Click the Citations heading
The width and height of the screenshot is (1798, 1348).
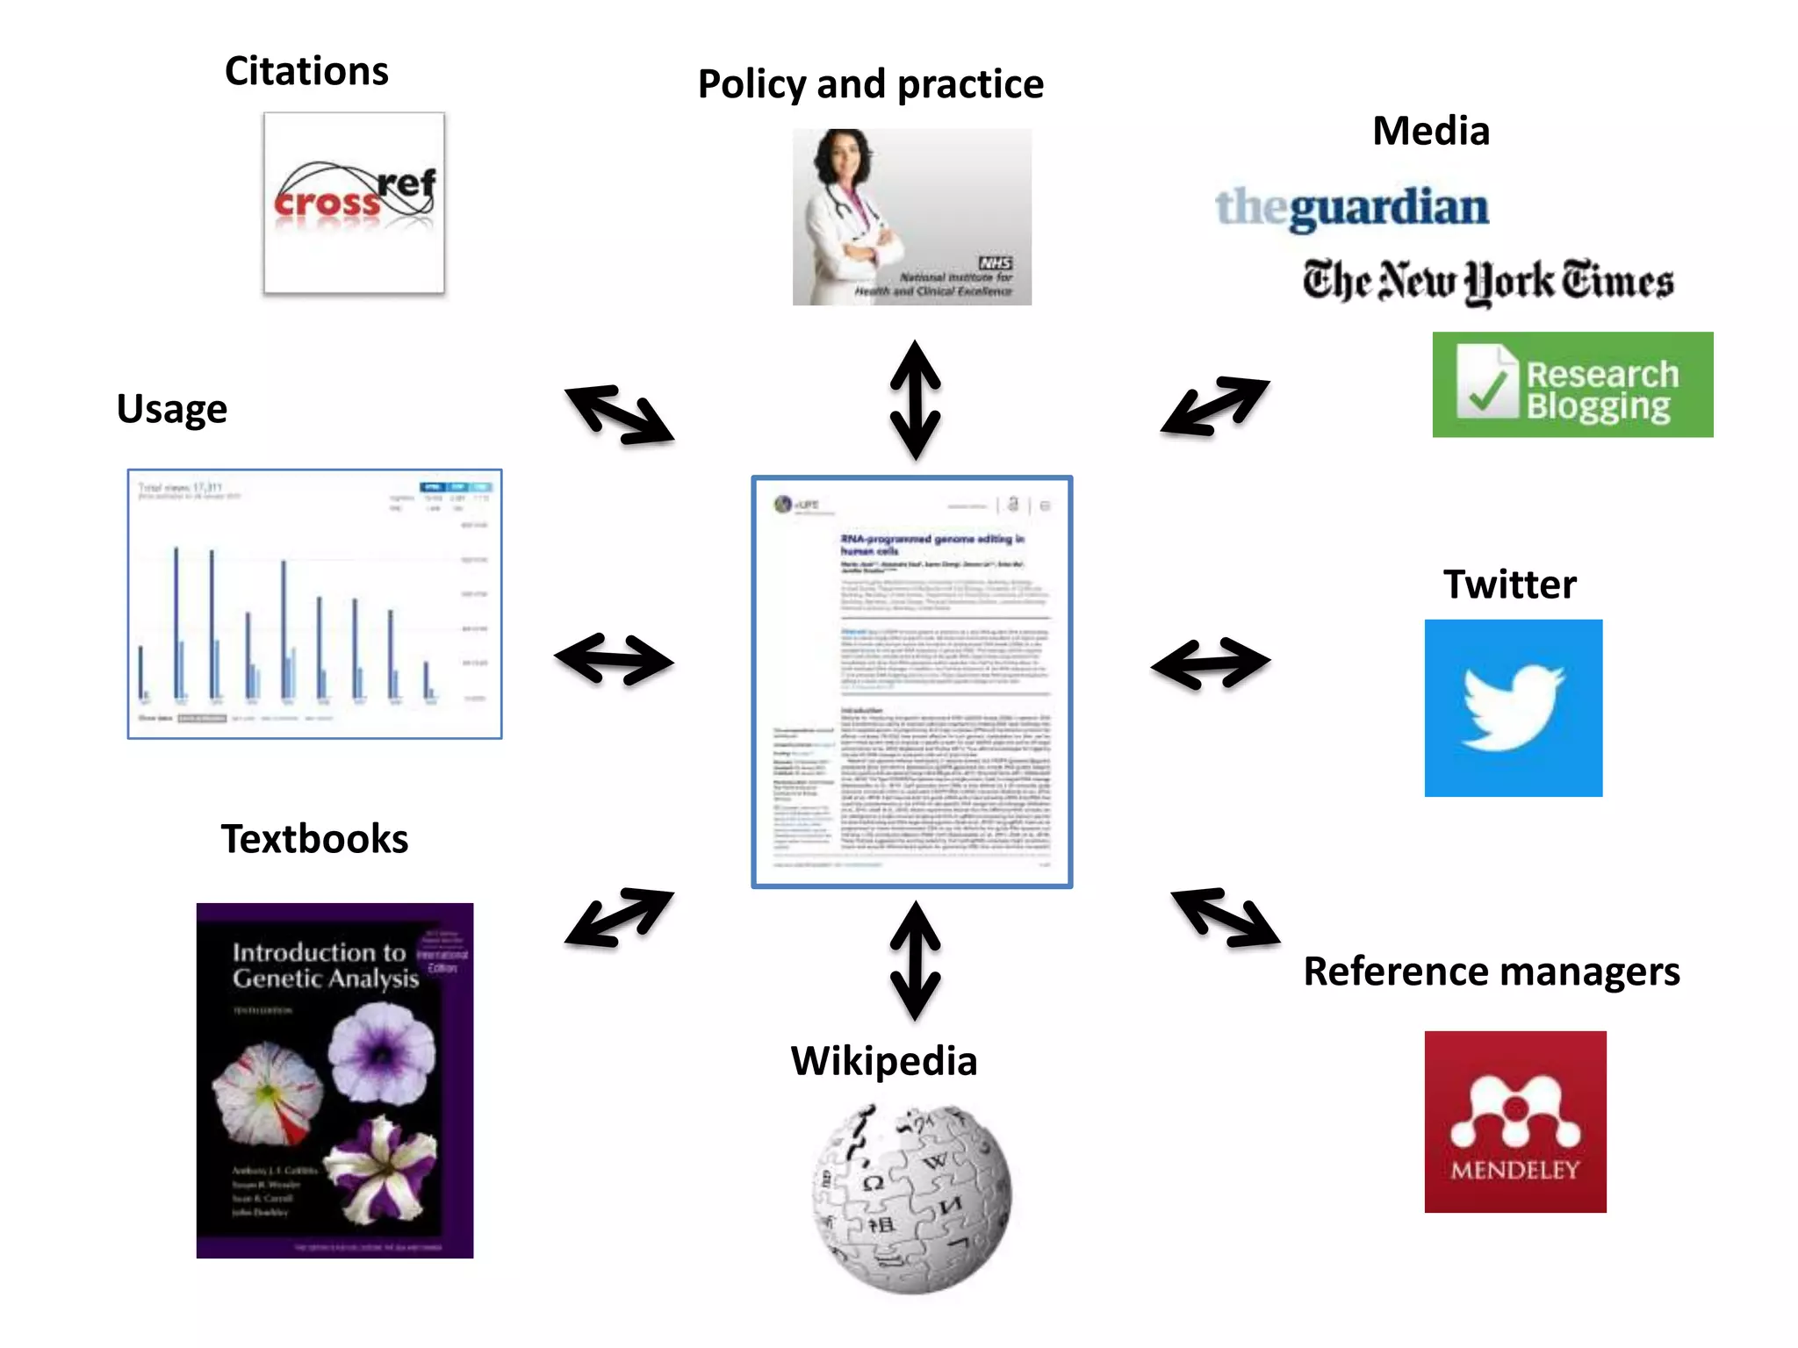306,71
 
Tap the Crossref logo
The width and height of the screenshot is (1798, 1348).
354,203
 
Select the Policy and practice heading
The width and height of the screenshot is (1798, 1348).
870,85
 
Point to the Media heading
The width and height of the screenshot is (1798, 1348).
1430,132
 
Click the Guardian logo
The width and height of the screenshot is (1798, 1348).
1351,208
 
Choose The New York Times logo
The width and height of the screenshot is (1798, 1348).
1487,282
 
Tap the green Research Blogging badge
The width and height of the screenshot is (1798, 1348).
1571,384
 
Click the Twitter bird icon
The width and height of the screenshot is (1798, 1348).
1513,708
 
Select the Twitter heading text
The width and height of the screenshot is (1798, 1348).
1509,584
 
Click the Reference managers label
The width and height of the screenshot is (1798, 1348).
1491,972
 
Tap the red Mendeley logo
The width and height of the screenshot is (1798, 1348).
1514,1122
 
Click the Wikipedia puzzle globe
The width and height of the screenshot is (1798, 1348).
911,1198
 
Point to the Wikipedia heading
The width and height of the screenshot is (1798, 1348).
883,1061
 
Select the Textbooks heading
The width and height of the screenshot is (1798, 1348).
314,839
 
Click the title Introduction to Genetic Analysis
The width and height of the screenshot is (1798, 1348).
325,965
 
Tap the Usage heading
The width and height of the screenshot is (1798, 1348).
172,409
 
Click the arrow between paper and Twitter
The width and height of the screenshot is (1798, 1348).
1210,663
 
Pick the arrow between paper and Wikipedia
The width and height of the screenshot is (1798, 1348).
915,960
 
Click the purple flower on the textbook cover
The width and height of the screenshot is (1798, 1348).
381,1051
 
